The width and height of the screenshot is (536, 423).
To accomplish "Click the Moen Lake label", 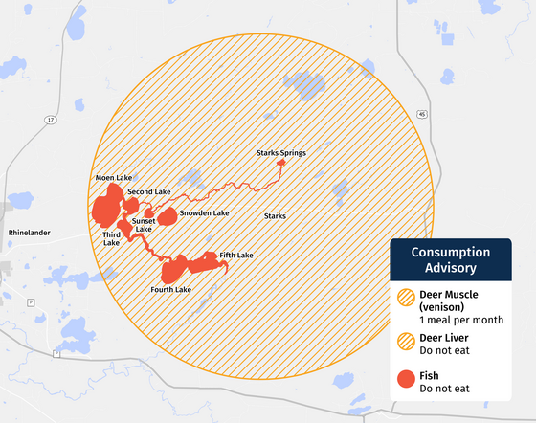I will point(114,178).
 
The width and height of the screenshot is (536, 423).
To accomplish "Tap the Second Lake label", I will point(148,192).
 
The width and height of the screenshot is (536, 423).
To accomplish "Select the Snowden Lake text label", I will point(204,212).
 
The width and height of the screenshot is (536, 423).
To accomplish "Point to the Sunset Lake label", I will point(143,225).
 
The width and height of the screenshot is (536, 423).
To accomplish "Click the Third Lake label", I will point(112,238).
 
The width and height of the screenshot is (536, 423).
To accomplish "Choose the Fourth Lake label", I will point(170,289).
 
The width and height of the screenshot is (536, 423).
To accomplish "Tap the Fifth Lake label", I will point(235,256).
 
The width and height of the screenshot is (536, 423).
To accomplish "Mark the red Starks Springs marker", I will point(280,164).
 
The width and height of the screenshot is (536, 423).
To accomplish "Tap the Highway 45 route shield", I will point(421,113).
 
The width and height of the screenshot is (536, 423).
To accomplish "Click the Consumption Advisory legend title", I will point(450,260).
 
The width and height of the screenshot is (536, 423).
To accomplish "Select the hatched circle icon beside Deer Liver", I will point(406,343).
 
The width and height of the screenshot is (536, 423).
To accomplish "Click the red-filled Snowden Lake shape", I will point(167,216).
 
